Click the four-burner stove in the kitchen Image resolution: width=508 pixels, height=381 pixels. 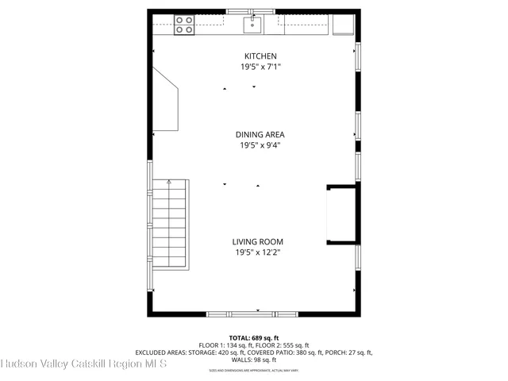tap(184, 25)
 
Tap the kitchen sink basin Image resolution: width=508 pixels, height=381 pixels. tap(253, 25)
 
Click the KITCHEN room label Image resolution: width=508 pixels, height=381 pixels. tap(260, 56)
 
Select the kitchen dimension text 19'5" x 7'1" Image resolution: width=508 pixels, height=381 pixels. tap(260, 67)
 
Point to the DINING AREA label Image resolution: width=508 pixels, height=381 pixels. tap(260, 134)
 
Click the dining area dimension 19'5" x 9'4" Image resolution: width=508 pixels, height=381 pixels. tap(260, 145)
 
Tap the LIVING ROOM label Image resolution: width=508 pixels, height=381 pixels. tap(257, 242)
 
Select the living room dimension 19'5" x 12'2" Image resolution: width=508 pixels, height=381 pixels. tap(257, 253)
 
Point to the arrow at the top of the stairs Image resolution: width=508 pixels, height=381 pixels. tap(168, 183)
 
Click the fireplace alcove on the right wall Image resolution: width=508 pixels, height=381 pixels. tap(341, 214)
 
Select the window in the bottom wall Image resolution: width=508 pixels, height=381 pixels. tap(253, 314)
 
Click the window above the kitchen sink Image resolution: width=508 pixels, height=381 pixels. tap(253, 11)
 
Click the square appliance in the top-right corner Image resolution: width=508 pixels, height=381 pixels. tap(343, 25)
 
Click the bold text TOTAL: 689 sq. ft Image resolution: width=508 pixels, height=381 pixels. tap(253, 338)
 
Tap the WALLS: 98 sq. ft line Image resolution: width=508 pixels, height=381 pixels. tap(253, 360)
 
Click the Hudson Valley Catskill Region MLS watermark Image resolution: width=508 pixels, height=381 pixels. tap(83, 364)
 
